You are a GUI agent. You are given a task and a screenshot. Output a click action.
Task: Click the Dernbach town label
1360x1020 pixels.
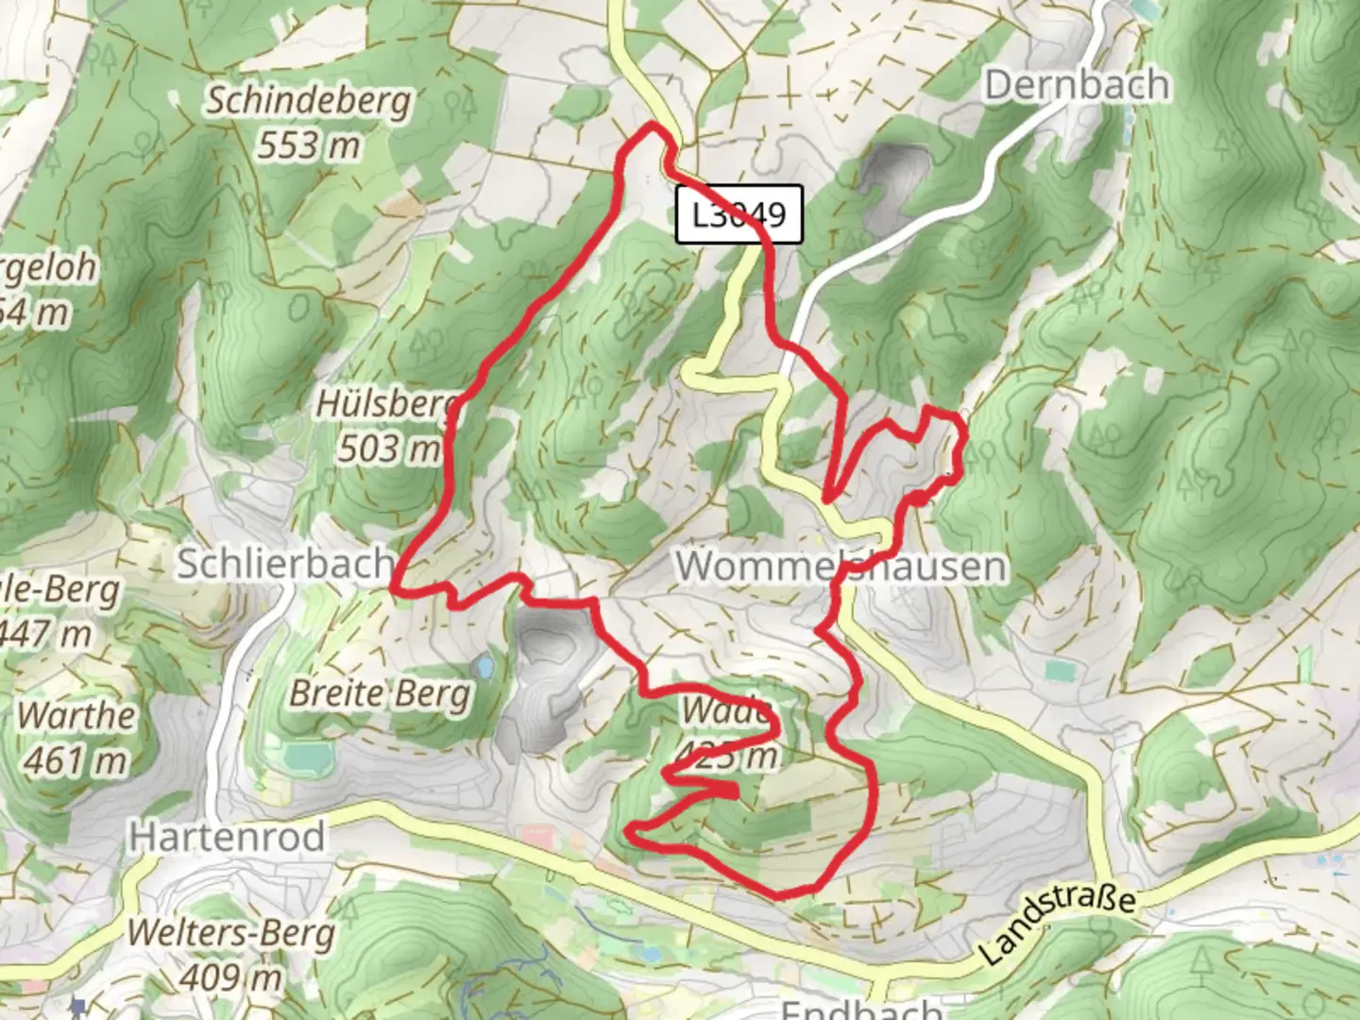click(1077, 85)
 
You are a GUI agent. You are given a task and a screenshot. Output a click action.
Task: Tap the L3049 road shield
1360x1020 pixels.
click(739, 214)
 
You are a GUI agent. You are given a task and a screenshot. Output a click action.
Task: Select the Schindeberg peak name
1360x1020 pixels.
click(309, 100)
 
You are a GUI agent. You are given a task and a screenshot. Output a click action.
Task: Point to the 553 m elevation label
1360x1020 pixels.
click(309, 144)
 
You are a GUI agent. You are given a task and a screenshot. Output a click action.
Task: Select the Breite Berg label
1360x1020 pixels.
click(380, 693)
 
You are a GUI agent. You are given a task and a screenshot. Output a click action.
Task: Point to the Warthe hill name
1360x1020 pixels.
click(76, 715)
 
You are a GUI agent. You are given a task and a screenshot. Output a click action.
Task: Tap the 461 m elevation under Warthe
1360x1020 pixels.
click(76, 759)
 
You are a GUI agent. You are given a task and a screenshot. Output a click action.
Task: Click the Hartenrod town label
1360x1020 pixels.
click(228, 837)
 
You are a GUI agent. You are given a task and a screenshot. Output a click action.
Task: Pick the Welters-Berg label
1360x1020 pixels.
click(230, 933)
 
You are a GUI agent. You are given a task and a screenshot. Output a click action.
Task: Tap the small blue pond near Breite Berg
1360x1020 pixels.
click(484, 668)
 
